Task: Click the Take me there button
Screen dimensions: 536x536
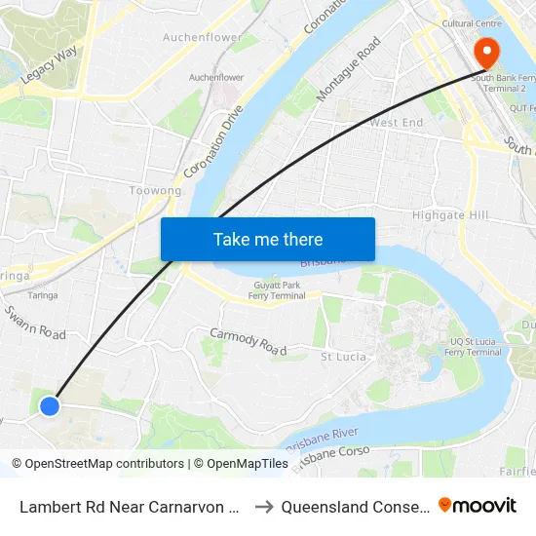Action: pos(268,239)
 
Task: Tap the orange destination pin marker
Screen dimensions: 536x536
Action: pos(484,53)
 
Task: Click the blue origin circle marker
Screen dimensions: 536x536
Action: pos(50,405)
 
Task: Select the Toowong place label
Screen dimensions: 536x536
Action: pos(156,191)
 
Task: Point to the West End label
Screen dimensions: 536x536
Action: pos(396,123)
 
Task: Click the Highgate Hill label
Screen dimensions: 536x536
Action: pos(449,214)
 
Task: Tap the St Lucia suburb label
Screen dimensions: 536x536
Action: pos(344,357)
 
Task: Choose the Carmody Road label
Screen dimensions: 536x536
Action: pos(248,342)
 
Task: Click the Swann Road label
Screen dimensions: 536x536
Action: pos(34,322)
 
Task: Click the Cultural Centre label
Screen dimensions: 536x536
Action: pos(471,22)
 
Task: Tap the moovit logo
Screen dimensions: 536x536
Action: pos(478,506)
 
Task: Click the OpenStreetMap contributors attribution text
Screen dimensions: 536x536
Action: pos(97,464)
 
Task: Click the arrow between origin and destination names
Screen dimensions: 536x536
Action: pos(262,507)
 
